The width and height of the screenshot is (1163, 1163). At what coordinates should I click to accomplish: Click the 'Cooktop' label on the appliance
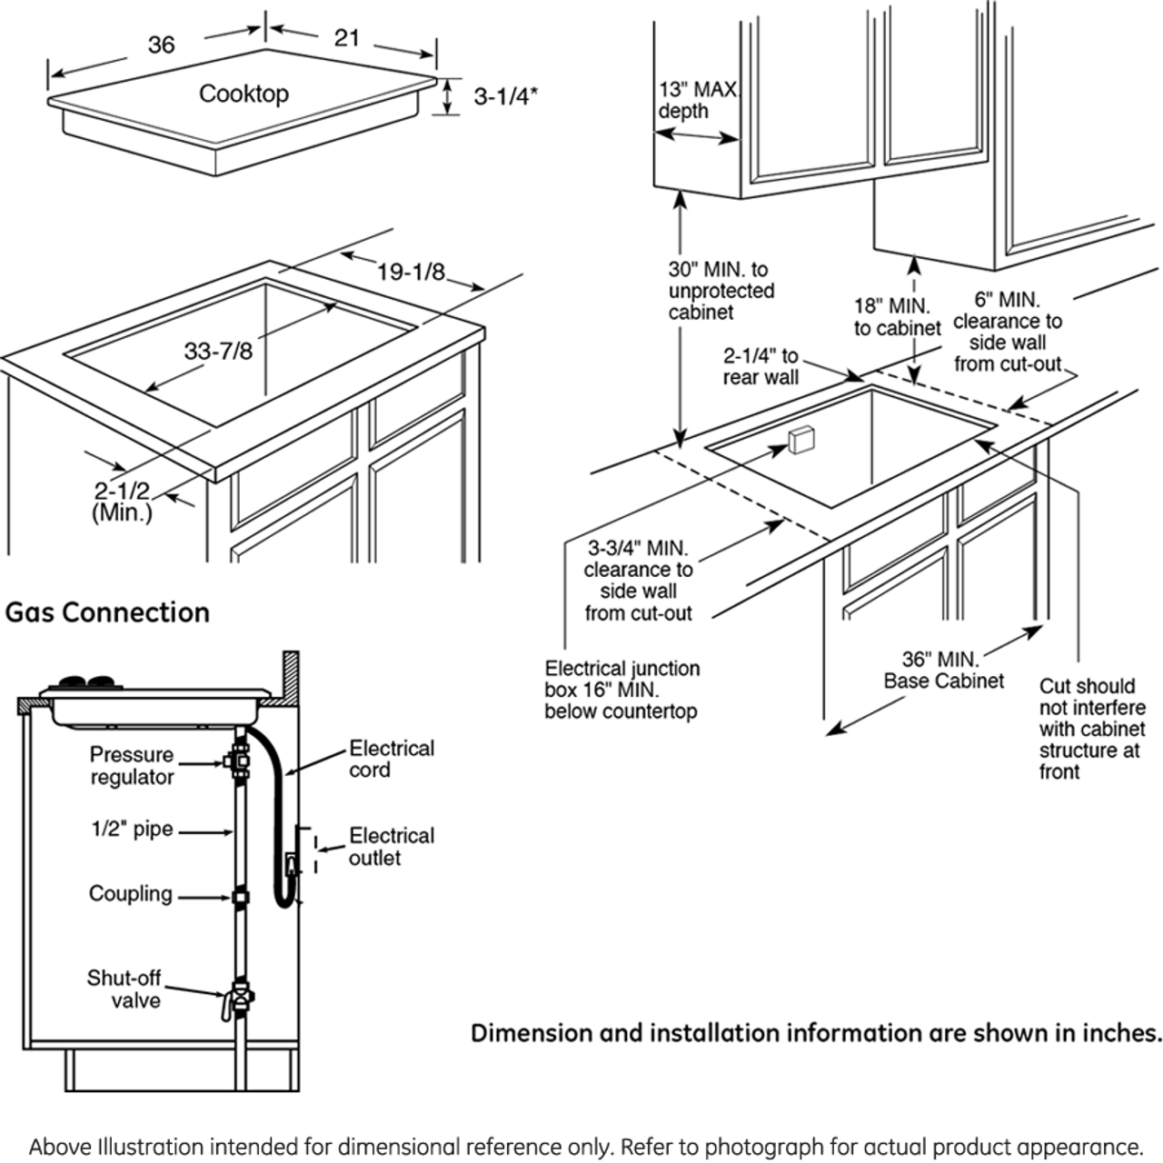pos(244,94)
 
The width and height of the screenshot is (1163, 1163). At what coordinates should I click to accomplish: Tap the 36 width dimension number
pos(161,45)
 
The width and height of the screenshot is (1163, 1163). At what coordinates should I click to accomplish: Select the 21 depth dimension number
pos(347,38)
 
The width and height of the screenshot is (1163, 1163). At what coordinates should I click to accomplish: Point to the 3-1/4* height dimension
pos(505,96)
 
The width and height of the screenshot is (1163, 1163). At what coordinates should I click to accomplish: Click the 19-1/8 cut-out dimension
pos(411,272)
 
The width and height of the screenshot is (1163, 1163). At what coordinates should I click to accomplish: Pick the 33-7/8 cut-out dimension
pos(218,351)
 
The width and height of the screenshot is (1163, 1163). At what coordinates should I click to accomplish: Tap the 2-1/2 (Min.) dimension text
pos(122,501)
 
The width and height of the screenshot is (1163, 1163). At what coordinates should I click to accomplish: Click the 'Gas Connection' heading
pos(107,612)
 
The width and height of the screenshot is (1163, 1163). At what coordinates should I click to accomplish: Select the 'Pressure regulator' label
pos(132,765)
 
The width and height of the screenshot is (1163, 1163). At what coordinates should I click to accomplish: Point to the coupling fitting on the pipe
pos(241,897)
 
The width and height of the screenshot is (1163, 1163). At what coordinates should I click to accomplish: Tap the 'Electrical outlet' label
pos(392,846)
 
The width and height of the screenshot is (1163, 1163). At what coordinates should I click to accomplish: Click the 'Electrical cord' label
pos(392,760)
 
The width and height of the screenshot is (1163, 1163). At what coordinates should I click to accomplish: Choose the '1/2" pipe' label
pos(132,829)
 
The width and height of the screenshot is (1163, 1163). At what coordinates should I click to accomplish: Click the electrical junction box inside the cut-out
pos(800,440)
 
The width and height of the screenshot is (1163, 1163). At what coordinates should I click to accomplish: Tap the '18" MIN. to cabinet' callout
pos(897,316)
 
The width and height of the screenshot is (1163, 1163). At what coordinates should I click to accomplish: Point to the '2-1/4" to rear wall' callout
pos(760,366)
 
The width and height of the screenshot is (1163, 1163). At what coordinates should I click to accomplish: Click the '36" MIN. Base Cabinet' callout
pos(944,670)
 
